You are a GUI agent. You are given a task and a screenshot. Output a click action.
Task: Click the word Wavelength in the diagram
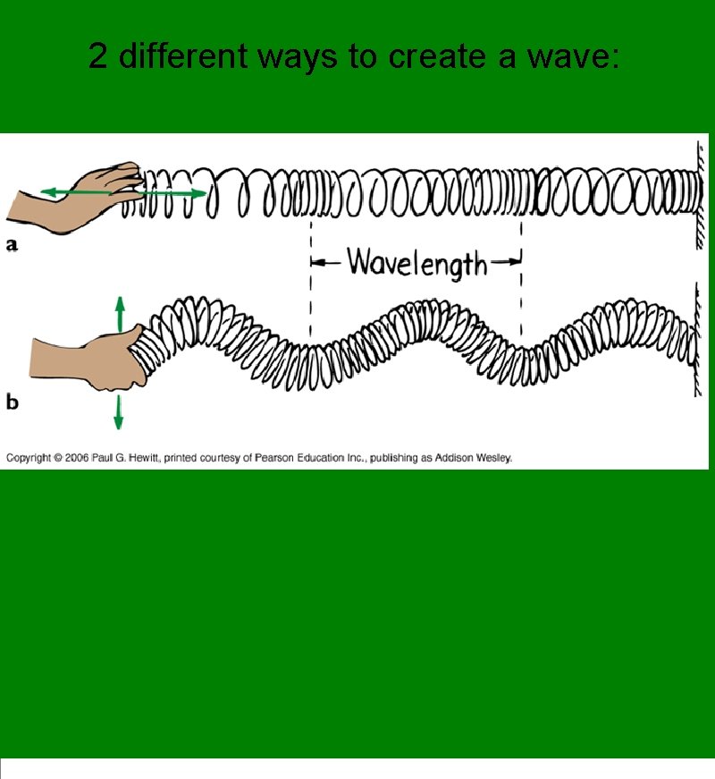click(x=416, y=264)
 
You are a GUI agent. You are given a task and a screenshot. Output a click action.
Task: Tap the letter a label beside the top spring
click(x=13, y=244)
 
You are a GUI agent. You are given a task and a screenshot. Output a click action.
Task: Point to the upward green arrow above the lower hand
click(x=119, y=311)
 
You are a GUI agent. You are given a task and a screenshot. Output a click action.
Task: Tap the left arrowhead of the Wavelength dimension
click(x=315, y=263)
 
